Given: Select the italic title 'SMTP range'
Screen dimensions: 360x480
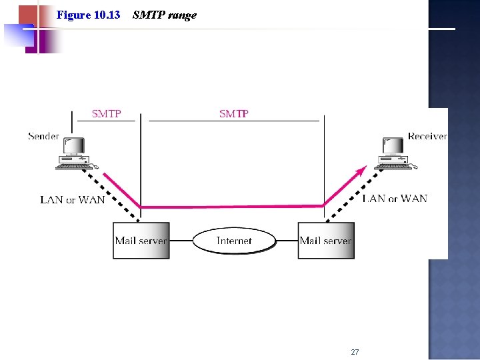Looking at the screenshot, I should pyautogui.click(x=165, y=15).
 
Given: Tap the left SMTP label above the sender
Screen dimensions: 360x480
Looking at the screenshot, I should pyautogui.click(x=106, y=114).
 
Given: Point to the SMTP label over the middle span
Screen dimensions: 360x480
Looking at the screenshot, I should pyautogui.click(x=234, y=114).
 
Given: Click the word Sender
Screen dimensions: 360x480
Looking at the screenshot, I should pyautogui.click(x=43, y=137).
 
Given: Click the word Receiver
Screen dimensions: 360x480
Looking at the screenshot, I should pyautogui.click(x=427, y=137).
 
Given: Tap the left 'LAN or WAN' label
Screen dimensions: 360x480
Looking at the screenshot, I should pyautogui.click(x=73, y=199).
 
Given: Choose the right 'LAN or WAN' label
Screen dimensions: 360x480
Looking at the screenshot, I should pyautogui.click(x=395, y=199).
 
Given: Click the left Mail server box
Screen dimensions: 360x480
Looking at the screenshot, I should pyautogui.click(x=141, y=241).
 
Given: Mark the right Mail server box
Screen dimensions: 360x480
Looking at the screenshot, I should pyautogui.click(x=326, y=241).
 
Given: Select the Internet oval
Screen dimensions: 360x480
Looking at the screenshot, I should pyautogui.click(x=234, y=241).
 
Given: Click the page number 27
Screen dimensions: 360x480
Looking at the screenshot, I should pyautogui.click(x=355, y=352).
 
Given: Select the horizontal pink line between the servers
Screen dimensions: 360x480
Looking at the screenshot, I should pyautogui.click(x=233, y=206).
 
